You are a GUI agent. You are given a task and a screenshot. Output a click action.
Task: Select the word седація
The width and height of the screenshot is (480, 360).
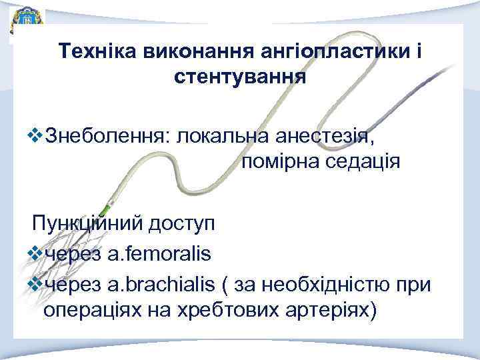(x=364, y=161)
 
